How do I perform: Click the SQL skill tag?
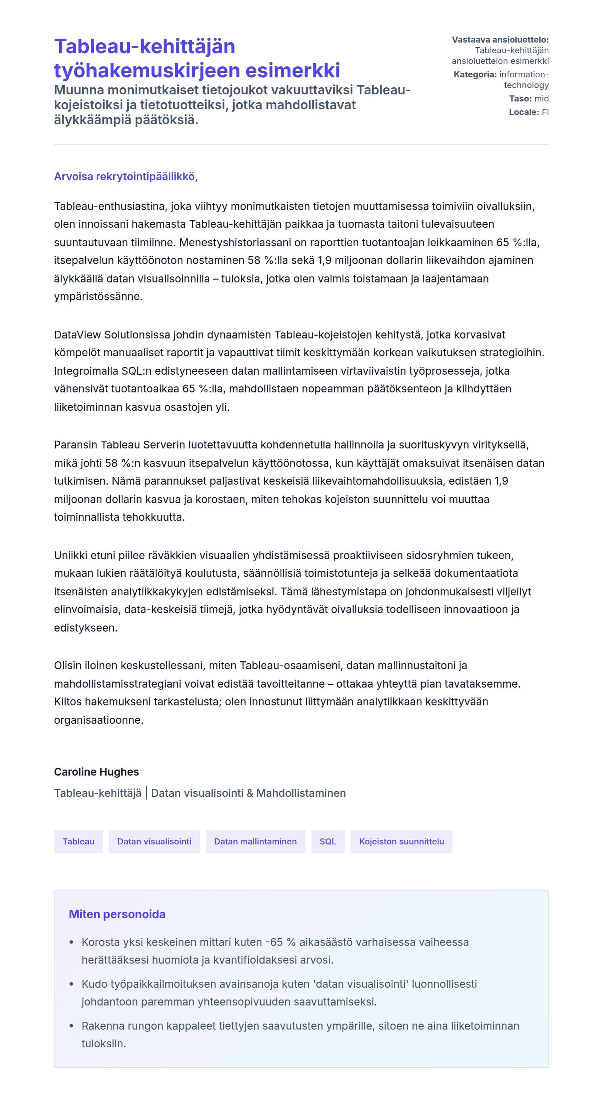coord(328,842)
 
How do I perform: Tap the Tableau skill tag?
coord(78,842)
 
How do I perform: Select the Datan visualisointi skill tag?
coord(154,842)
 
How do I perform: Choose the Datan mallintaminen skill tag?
coord(255,842)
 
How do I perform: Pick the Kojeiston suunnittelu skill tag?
coord(401,842)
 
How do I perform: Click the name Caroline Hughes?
coord(96,772)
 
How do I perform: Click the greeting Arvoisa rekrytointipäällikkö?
coord(126,177)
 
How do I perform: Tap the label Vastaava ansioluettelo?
coord(500,40)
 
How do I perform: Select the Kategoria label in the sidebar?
coord(475,75)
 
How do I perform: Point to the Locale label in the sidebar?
coord(524,112)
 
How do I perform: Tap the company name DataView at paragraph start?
coord(77,335)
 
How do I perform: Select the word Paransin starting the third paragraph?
coord(75,445)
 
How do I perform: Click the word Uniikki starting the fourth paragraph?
coord(71,555)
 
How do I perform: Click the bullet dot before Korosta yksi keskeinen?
coord(71,942)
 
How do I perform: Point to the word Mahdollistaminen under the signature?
coord(301,793)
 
